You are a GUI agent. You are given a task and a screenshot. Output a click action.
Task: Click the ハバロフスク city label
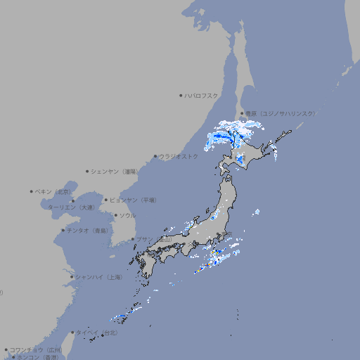pos(202,95)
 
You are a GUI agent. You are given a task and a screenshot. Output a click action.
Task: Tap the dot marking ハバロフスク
pos(181,95)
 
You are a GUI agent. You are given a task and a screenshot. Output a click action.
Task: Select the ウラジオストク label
pos(179,156)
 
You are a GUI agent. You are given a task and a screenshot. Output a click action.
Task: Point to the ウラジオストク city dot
pos(155,157)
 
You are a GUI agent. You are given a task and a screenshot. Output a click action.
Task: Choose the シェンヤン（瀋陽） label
pos(115,171)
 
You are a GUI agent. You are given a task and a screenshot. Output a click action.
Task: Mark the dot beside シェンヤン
pos(88,171)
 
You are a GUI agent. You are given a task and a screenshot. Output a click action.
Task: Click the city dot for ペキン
pos(32,191)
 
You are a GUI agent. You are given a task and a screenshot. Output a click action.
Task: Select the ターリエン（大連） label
pos(71,207)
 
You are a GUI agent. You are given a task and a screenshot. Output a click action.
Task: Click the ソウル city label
pos(127,215)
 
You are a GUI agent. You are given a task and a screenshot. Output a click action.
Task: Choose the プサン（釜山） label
pos(154,239)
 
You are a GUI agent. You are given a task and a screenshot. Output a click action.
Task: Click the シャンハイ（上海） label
pos(98,277)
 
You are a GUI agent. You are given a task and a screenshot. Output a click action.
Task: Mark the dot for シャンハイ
pos(71,277)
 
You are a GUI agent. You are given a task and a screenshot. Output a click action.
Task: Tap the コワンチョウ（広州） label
pos(36,349)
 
